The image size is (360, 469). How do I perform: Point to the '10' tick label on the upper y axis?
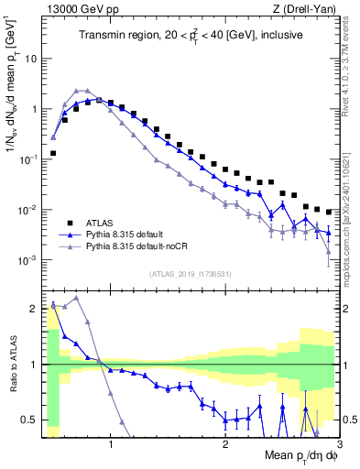(30, 58)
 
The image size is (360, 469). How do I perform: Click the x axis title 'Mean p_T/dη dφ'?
(302, 455)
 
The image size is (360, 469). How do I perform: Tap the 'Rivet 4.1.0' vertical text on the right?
(351, 64)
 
